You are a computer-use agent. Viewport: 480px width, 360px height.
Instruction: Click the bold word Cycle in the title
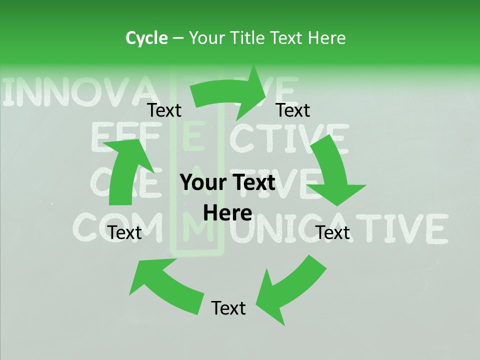146,38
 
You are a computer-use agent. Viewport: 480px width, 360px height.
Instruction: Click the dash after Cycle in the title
177,38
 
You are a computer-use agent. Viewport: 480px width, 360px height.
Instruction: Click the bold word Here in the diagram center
228,213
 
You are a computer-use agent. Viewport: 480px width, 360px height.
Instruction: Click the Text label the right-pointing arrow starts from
164,110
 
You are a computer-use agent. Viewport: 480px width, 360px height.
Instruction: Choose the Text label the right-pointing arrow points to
293,110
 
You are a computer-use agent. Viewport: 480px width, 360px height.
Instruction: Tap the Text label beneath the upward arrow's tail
125,232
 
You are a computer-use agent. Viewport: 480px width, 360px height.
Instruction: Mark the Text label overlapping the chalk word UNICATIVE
333,232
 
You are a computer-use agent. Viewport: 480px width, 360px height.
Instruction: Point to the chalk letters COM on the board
120,227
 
